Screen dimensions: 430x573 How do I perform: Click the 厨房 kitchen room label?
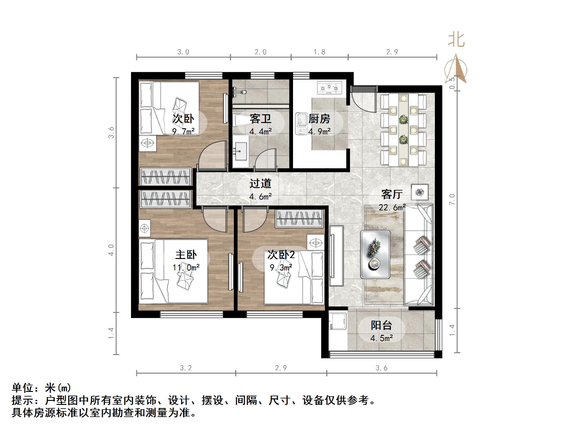(x=319, y=119)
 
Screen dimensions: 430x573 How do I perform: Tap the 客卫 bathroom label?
(x=260, y=119)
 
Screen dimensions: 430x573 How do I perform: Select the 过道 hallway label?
(x=260, y=183)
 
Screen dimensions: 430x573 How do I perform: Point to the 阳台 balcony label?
(x=382, y=325)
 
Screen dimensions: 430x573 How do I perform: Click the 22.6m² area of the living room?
(x=392, y=207)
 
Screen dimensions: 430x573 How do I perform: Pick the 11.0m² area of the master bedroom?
(x=186, y=267)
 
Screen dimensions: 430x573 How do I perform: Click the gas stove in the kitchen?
(x=329, y=87)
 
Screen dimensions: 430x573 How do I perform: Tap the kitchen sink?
(x=301, y=124)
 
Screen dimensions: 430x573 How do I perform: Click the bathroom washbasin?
(x=241, y=151)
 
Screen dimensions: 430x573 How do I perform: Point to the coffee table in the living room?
(x=375, y=254)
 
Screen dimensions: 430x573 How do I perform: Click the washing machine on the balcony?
(x=338, y=321)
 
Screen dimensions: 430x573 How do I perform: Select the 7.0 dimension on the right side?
(x=452, y=199)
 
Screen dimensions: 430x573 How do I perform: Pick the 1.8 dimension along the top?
(x=319, y=52)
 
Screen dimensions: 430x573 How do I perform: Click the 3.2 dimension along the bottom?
(x=186, y=368)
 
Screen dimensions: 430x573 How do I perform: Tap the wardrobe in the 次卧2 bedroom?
(x=299, y=218)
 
